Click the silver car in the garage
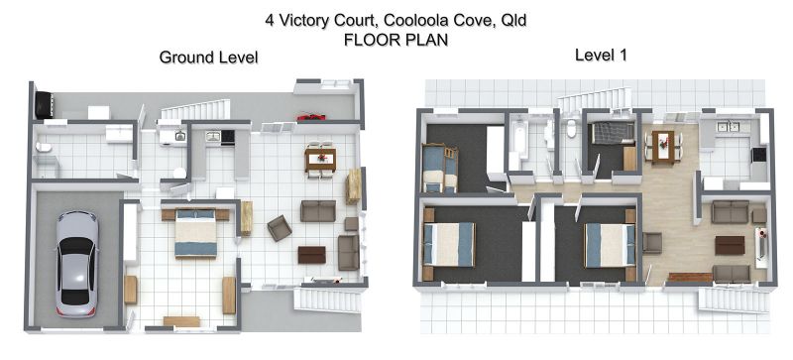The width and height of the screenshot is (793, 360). pos(77,264)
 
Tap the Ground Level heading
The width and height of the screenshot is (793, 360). pos(208,58)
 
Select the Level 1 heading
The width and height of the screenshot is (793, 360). pos(601,55)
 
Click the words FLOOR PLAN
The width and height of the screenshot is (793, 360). pos(396,40)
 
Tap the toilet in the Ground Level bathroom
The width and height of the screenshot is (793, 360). pos(44,147)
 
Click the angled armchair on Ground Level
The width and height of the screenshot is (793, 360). pos(280,228)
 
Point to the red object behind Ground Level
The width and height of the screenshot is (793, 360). pos(311,117)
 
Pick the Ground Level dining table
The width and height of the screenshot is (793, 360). pos(320,160)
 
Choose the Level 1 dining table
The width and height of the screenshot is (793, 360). pos(663,147)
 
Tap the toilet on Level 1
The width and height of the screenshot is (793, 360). pos(572,129)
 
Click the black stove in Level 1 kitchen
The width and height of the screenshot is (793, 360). pos(758,155)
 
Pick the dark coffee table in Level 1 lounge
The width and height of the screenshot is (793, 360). pos(730,245)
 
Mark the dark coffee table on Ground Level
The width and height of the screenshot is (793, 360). pos(311,255)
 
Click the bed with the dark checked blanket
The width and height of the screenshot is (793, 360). pos(613,134)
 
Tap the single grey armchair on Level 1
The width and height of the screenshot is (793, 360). pos(652,243)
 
